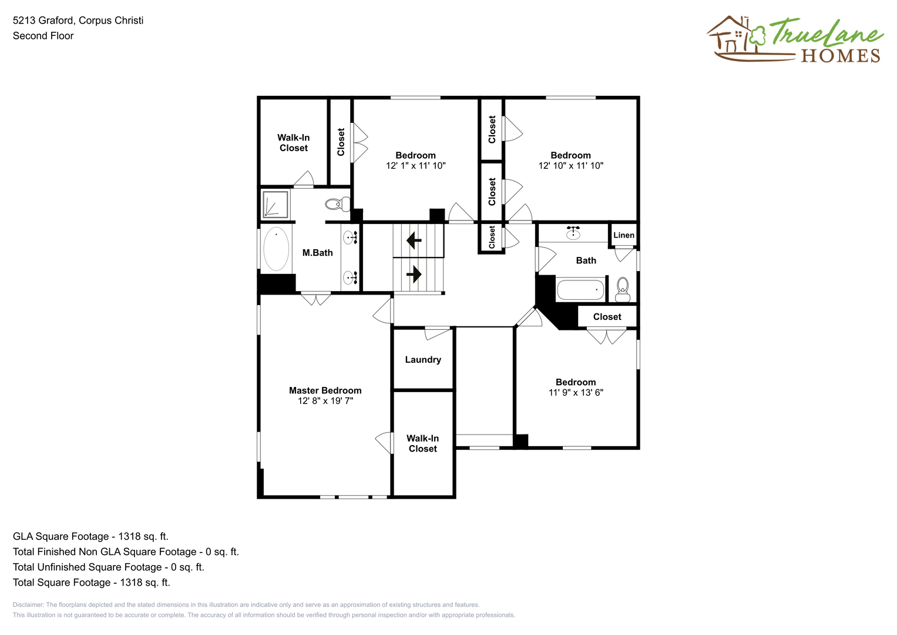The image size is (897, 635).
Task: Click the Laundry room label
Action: (423, 360)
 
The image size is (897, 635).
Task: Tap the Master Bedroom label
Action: (325, 390)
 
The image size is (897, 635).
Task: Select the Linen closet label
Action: (624, 235)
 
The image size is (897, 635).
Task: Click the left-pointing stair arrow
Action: (414, 241)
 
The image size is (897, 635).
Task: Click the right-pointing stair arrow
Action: (414, 275)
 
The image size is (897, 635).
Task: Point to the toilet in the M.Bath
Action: (338, 204)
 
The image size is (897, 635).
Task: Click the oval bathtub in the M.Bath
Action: (276, 249)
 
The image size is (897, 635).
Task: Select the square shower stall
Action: (275, 205)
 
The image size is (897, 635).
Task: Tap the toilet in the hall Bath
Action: (623, 289)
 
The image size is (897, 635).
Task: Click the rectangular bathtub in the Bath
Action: (580, 289)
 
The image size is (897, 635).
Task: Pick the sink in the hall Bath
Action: (573, 233)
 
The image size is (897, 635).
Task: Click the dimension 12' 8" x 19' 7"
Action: (325, 401)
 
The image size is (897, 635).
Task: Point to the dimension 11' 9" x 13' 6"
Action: (576, 393)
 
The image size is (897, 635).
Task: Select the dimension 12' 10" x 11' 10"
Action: (570, 166)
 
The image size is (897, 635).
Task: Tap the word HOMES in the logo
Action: (841, 56)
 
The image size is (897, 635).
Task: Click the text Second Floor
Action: (43, 36)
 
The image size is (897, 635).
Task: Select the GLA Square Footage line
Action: (90, 536)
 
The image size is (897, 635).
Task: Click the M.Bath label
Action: (318, 253)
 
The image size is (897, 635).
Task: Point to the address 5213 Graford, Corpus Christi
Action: (78, 21)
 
